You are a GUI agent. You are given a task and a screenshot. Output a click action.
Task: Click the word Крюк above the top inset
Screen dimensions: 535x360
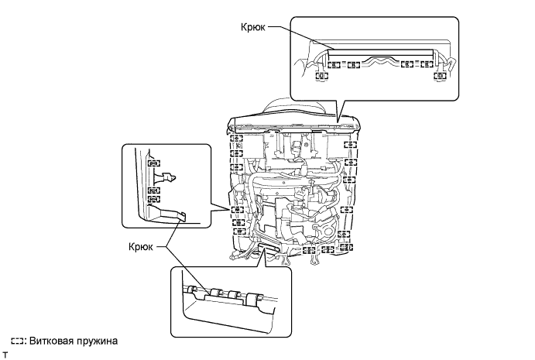click(253, 27)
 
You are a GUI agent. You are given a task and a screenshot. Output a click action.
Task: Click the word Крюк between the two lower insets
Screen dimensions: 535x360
click(141, 246)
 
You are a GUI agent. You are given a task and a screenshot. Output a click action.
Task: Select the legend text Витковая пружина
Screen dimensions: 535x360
click(74, 341)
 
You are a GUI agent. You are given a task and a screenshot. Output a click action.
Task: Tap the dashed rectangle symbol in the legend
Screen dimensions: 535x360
click(17, 341)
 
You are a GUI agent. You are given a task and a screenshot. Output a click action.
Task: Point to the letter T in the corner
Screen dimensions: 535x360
click(5, 355)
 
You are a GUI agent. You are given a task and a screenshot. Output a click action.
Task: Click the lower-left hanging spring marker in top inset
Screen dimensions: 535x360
click(321, 76)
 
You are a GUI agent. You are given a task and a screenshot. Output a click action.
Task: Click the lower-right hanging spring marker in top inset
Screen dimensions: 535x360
click(440, 76)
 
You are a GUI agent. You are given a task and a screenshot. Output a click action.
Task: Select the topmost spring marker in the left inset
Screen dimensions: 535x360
click(154, 163)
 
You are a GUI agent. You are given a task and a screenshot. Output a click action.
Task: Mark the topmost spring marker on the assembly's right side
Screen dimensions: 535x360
click(350, 145)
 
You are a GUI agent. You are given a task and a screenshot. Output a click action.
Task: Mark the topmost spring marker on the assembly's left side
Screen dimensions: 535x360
click(236, 139)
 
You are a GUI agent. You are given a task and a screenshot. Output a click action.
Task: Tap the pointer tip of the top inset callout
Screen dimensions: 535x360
click(338, 122)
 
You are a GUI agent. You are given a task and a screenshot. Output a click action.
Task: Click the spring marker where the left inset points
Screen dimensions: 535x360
click(237, 210)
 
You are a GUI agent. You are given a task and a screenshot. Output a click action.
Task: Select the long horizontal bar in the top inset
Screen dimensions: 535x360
click(381, 53)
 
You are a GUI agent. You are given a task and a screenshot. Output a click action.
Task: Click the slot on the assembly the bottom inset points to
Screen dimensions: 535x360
click(267, 246)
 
